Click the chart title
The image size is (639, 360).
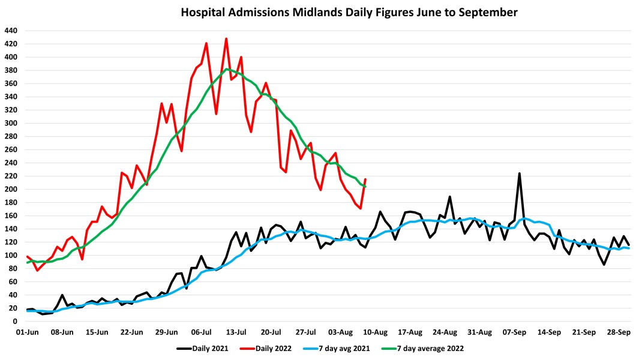pos(349,12)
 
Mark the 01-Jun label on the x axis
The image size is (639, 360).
pos(28,332)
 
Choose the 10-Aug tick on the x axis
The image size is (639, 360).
pos(376,332)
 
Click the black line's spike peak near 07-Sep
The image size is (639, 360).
pos(519,173)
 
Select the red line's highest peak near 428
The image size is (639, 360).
pos(226,39)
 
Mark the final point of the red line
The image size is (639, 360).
pos(365,179)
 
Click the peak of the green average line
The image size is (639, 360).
pos(227,69)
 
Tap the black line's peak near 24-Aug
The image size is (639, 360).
pos(449,196)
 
